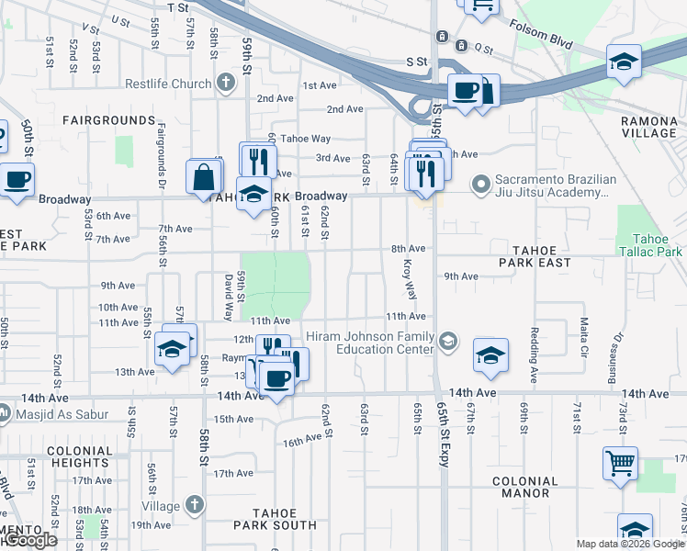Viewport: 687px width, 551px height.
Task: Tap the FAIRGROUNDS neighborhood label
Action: (109, 120)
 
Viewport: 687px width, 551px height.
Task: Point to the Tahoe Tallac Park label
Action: (650, 245)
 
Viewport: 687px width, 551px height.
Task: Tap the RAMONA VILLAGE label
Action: (648, 127)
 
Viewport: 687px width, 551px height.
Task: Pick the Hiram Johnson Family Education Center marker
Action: (447, 342)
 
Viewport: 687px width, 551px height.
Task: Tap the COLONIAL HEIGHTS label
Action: (79, 457)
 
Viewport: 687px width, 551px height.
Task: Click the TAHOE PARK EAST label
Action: (535, 255)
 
